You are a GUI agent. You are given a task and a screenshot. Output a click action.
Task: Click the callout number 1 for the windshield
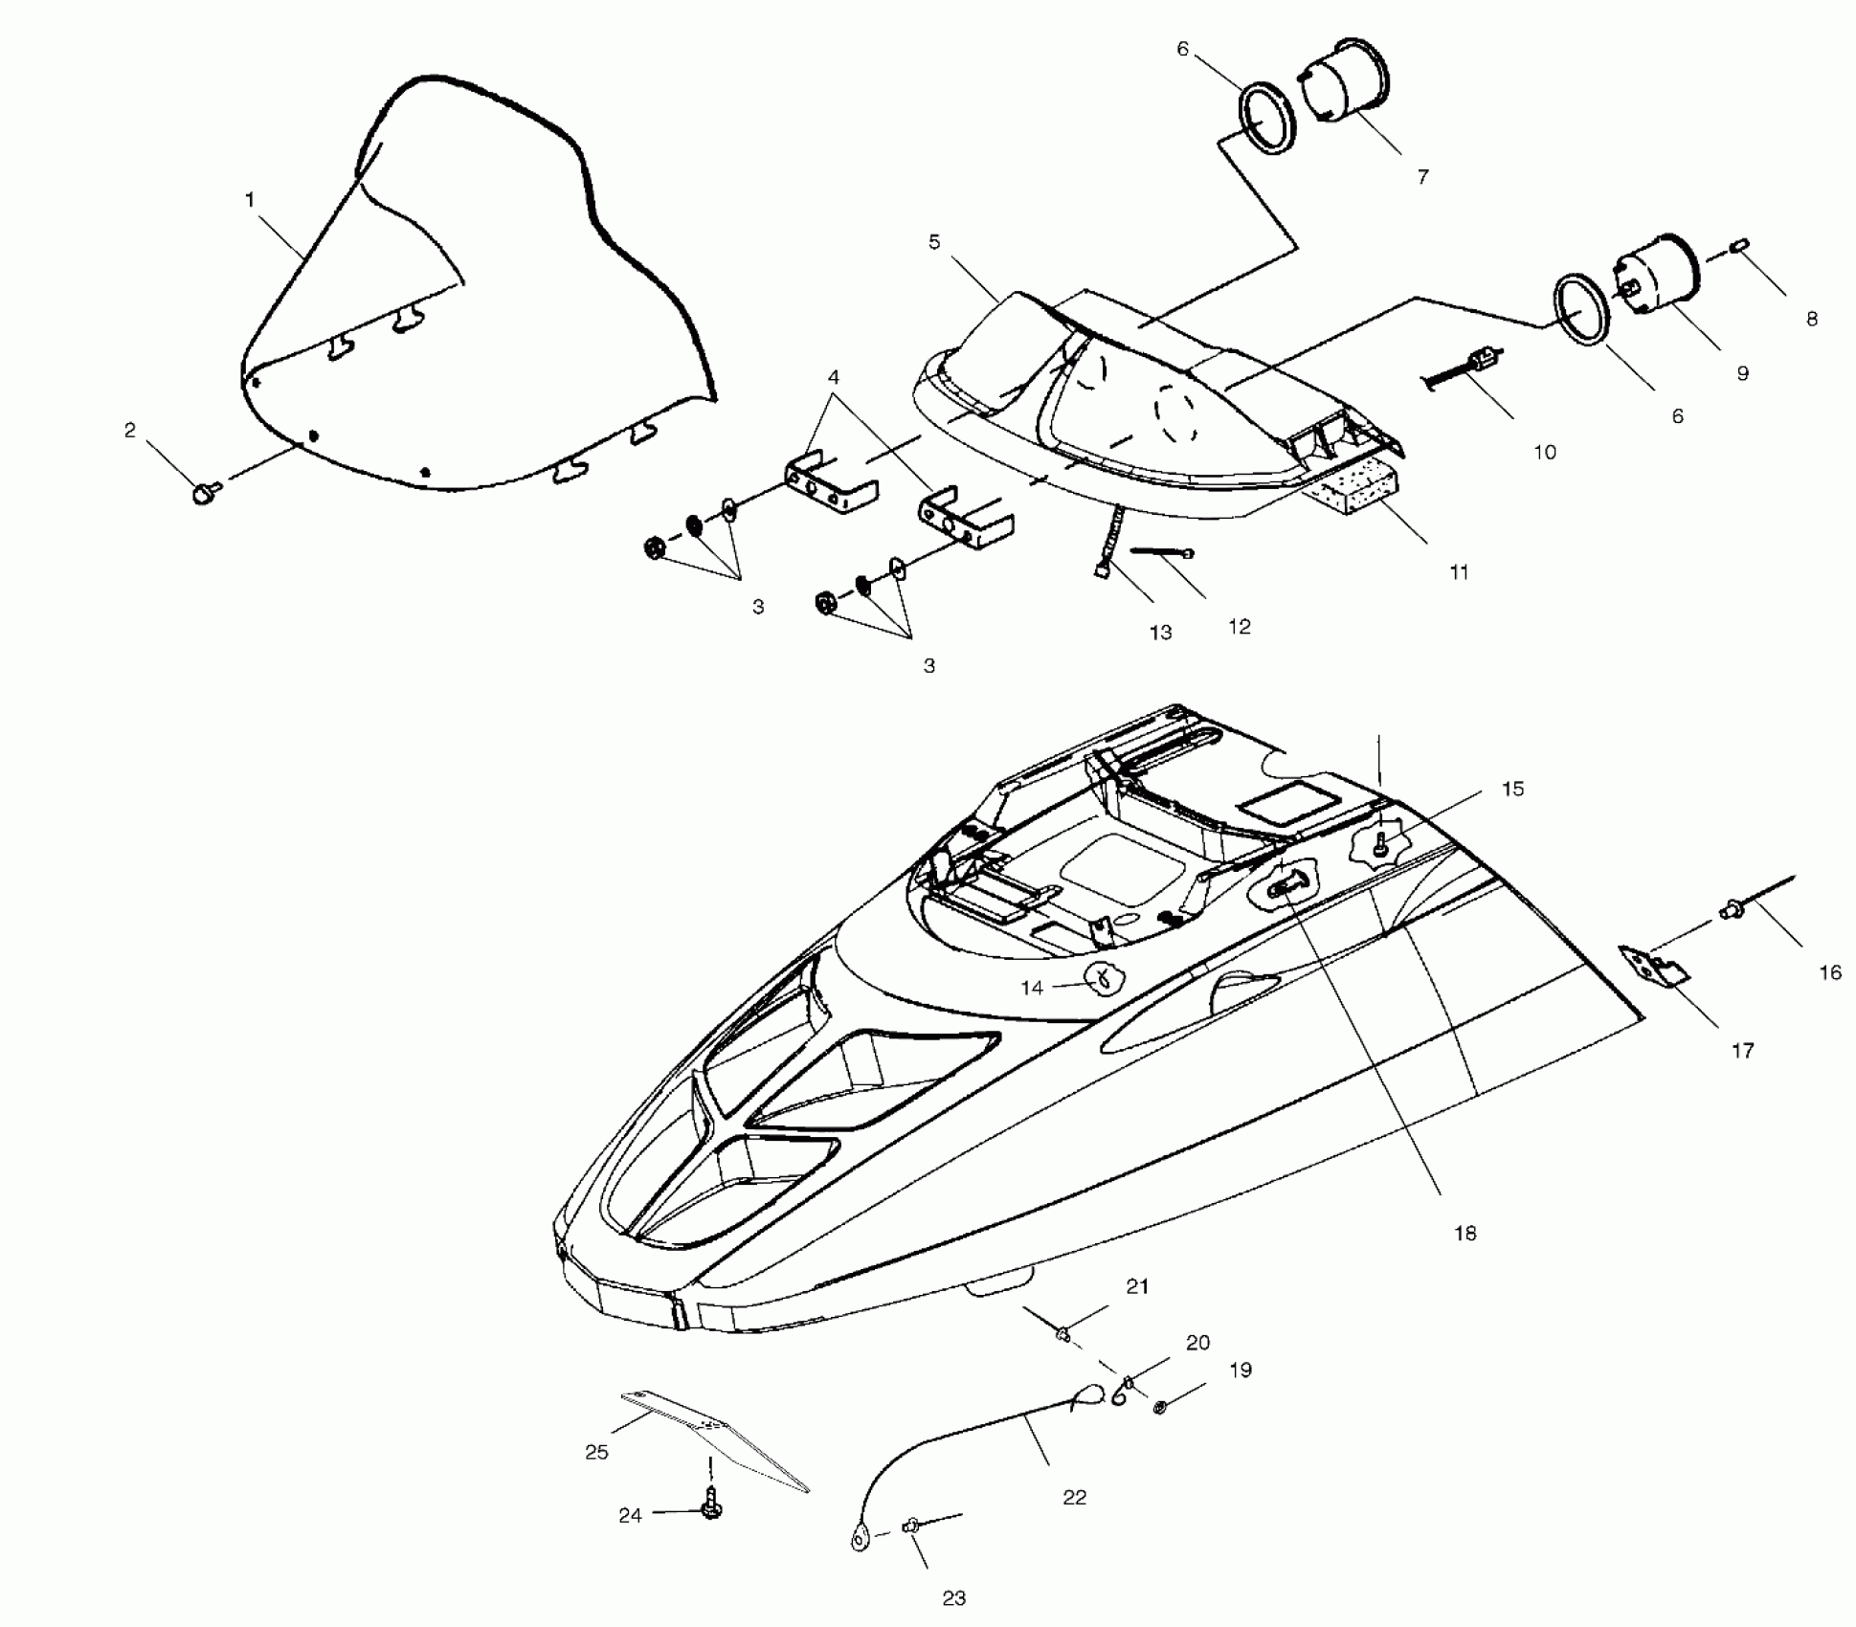250,200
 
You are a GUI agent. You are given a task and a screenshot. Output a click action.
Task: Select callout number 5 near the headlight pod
934,242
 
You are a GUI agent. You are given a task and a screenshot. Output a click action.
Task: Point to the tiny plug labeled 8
1740,251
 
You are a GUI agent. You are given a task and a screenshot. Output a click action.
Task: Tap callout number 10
1545,452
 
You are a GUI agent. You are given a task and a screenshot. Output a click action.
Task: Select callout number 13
1160,632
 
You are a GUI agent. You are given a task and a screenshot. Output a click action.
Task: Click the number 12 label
1239,626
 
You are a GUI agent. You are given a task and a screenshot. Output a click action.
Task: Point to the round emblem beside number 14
1103,977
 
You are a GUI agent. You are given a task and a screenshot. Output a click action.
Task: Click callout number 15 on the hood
1512,789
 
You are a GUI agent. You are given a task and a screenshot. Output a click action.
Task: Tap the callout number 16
1829,972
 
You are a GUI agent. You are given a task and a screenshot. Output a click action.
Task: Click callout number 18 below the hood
1465,1234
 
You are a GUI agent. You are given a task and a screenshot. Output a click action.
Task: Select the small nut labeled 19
1160,1408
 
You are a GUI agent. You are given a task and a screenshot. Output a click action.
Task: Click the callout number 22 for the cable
1074,1498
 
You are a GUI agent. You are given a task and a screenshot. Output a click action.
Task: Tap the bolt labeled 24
711,1509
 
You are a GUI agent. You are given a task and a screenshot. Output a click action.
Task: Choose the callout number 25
596,1452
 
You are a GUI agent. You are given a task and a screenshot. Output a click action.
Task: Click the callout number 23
953,1597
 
